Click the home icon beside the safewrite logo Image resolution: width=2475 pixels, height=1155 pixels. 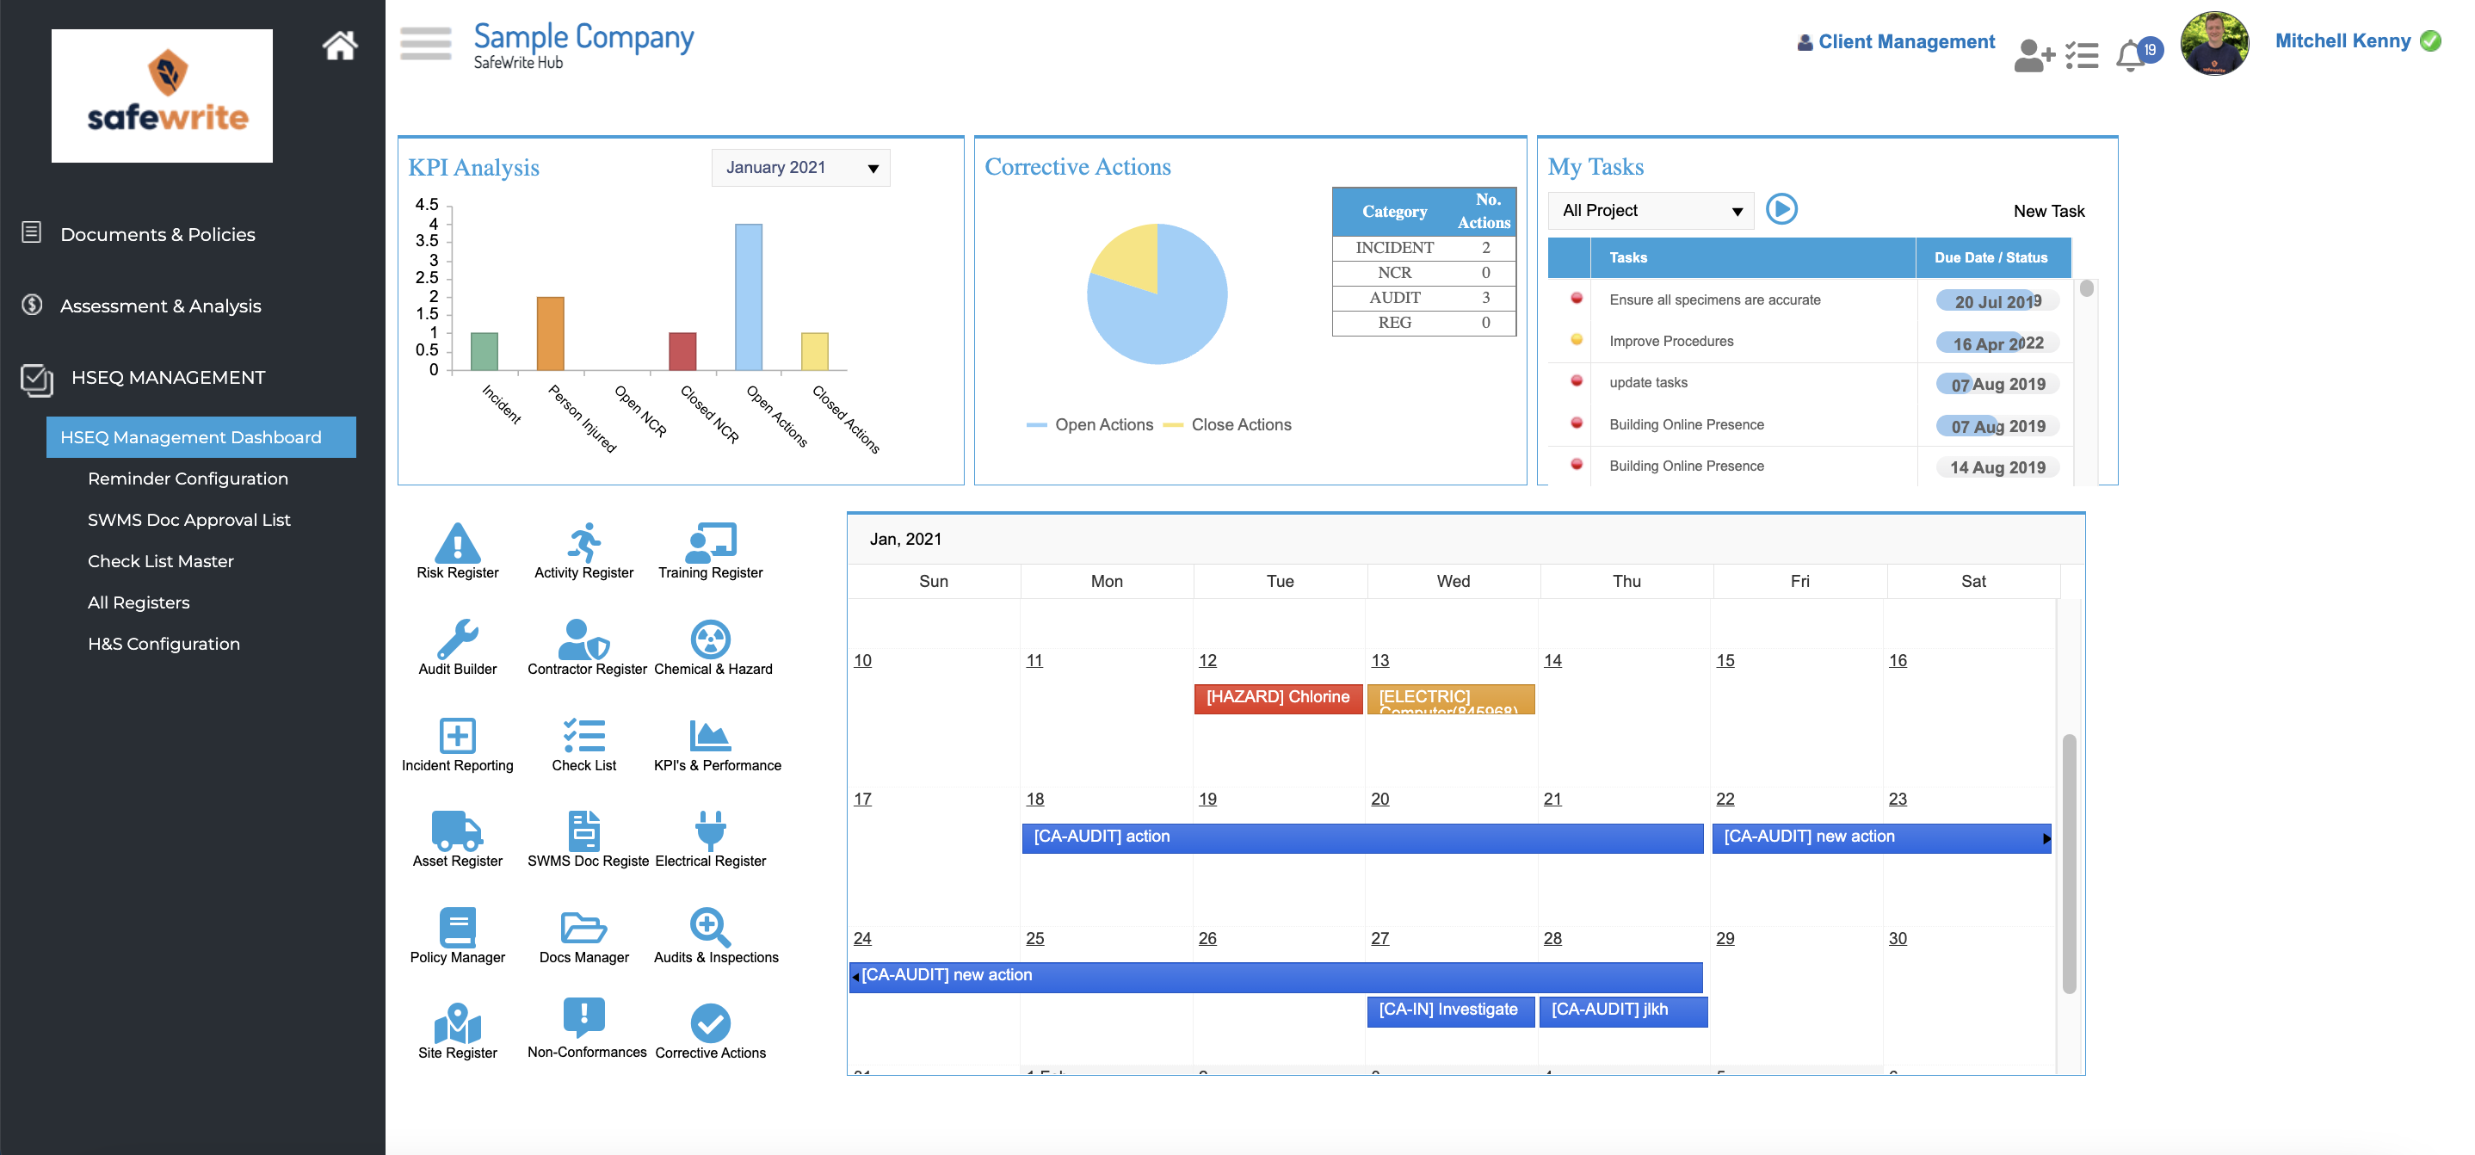click(x=339, y=45)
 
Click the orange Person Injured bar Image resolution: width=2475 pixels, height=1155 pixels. click(x=551, y=332)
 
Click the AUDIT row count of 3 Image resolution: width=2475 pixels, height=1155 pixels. click(x=1484, y=298)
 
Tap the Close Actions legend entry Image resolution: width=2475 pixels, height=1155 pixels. click(x=1240, y=424)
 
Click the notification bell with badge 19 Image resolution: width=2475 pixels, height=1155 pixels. click(x=2132, y=55)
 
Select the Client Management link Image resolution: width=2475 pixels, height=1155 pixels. click(x=1905, y=42)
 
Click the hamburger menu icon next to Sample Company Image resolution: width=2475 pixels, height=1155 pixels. click(x=426, y=43)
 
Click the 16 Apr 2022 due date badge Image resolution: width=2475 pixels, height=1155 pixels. click(x=1997, y=343)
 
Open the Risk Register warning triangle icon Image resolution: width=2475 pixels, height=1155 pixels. click(x=457, y=543)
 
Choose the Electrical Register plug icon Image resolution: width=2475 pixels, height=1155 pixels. click(x=710, y=831)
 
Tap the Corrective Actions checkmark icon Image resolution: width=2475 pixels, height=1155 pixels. click(x=710, y=1023)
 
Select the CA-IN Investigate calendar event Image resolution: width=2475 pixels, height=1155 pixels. click(x=1448, y=1010)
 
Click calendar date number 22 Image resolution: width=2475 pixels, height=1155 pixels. click(x=1725, y=800)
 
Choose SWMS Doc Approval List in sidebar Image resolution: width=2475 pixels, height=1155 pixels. click(x=188, y=520)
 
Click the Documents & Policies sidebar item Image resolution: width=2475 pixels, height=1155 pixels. click(x=157, y=234)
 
